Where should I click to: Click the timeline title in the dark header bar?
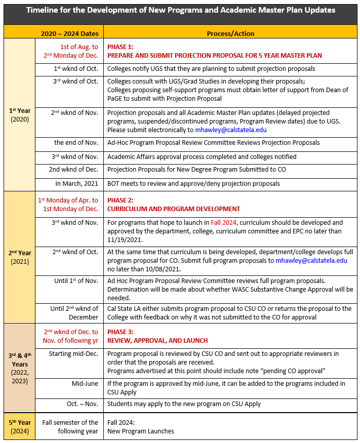(180, 10)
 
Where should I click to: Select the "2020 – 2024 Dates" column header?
(70, 33)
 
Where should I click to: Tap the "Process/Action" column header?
(230, 33)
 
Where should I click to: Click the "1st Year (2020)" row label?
(20, 115)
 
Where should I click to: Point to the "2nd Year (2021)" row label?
(20, 257)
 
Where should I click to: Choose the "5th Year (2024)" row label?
(20, 427)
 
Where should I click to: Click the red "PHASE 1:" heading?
(120, 47)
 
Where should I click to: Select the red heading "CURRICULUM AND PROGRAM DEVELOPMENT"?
(174, 209)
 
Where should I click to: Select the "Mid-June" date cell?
(85, 384)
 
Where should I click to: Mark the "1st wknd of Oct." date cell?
(76, 68)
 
